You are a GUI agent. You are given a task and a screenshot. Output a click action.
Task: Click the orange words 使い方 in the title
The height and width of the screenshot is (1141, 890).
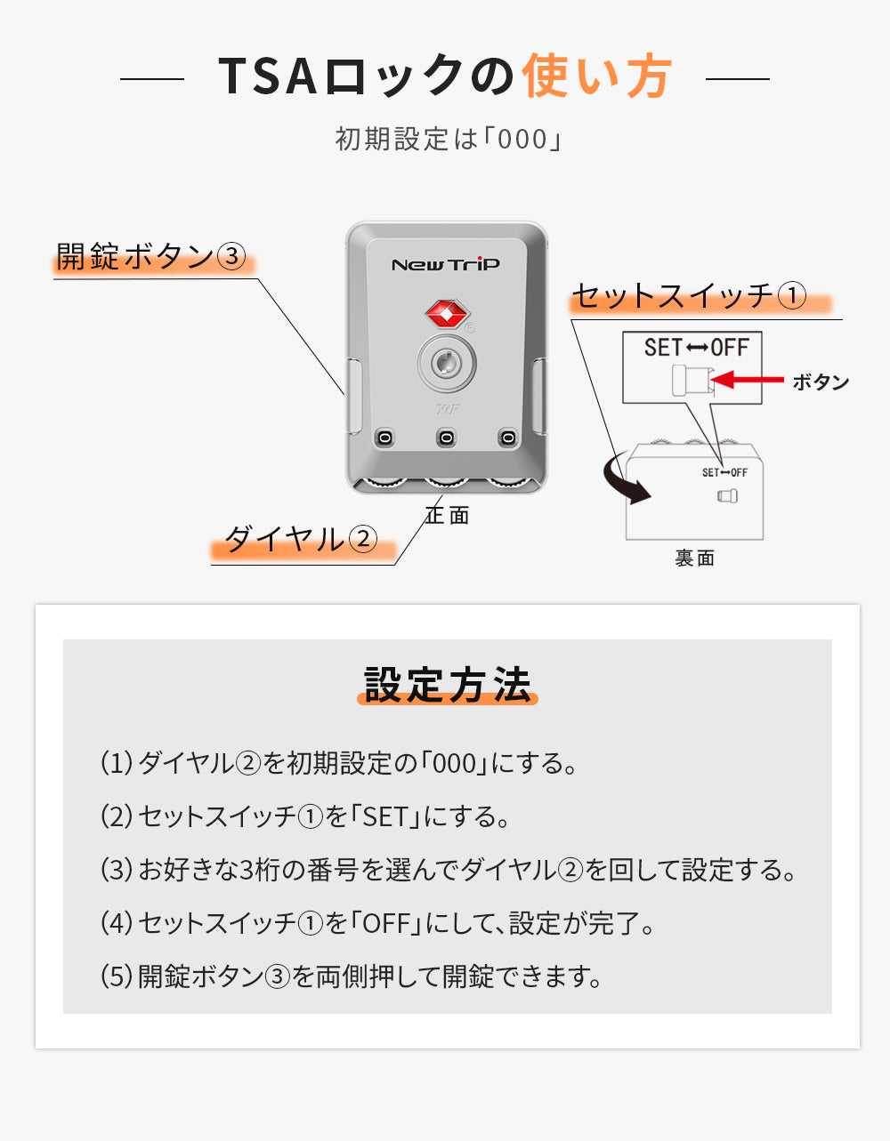596,76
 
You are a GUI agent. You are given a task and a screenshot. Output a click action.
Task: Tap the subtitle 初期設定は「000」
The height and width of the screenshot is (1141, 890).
448,140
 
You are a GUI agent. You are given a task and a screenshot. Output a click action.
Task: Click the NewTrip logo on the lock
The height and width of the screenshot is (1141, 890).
446,264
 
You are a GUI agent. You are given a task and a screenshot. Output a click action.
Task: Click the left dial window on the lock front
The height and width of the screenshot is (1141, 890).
384,438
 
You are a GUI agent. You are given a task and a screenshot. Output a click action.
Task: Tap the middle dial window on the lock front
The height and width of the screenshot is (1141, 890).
446,438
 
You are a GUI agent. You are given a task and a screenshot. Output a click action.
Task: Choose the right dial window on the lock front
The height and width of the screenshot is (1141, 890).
507,438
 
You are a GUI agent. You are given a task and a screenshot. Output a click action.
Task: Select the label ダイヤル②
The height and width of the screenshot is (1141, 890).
301,539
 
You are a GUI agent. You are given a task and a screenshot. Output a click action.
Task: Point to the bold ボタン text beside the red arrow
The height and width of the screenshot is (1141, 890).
820,382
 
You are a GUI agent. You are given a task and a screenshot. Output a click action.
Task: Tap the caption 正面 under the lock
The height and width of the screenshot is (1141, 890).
448,515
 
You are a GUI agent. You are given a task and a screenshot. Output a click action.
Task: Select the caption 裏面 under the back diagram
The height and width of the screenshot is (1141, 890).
695,558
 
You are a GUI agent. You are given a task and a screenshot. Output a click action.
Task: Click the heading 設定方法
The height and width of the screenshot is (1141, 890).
447,685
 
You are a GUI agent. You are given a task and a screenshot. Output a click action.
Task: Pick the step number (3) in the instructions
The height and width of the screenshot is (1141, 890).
117,870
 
